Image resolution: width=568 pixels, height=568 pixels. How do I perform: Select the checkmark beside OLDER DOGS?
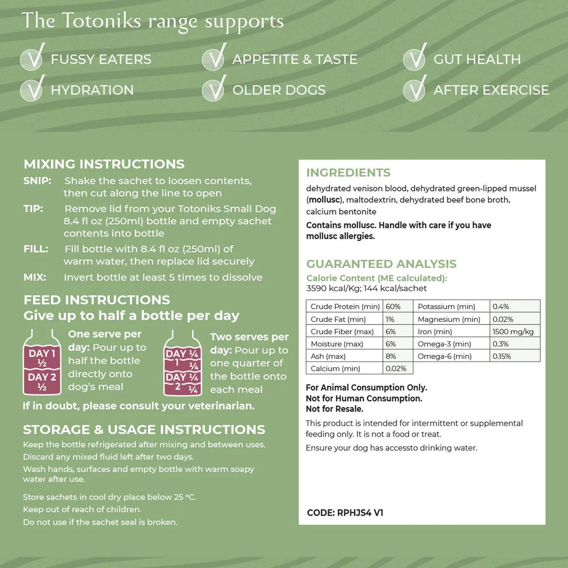pos(214,89)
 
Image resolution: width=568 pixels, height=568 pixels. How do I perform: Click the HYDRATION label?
pos(92,90)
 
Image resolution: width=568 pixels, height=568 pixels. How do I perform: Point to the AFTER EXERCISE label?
pos(491,90)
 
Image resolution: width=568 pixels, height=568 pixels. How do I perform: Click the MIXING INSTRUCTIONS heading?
pos(104,164)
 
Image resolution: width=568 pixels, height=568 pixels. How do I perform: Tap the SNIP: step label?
pos(37,181)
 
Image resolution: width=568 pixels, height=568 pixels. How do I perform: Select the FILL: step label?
pos(36,249)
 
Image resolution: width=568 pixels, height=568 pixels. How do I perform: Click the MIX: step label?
pos(35,277)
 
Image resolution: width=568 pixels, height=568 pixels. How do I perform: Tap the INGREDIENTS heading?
pos(348,173)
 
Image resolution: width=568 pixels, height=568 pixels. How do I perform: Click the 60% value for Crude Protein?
pos(393,307)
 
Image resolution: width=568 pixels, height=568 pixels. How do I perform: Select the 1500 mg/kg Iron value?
pos(513,332)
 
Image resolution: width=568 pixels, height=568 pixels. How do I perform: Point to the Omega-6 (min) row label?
pos(444,356)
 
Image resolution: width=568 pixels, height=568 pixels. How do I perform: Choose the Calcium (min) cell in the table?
pos(335,369)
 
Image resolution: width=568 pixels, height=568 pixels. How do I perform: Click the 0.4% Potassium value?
pos(501,307)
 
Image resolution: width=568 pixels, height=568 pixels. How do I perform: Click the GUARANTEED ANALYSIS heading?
pos(382,264)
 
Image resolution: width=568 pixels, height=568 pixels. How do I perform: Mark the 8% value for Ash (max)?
pos(391,356)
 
